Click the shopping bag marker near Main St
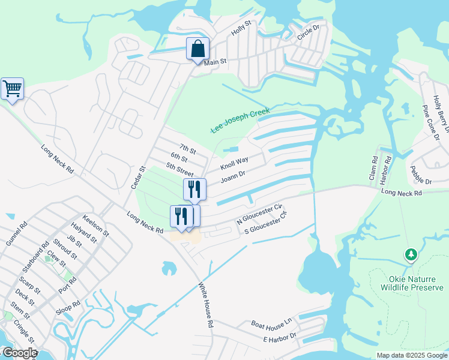pyautogui.click(x=197, y=49)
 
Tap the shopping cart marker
pyautogui.click(x=12, y=89)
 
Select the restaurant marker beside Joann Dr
pyautogui.click(x=194, y=189)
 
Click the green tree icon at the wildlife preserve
pyautogui.click(x=411, y=255)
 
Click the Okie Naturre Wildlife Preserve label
pyautogui.click(x=411, y=283)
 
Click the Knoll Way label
pyautogui.click(x=234, y=163)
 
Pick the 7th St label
pyautogui.click(x=188, y=149)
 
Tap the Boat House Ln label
pyautogui.click(x=271, y=324)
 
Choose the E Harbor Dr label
pyautogui.click(x=280, y=338)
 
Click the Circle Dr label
pyautogui.click(x=309, y=34)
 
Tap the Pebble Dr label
pyautogui.click(x=421, y=176)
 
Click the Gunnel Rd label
pyautogui.click(x=17, y=233)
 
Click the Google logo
pyautogui.click(x=19, y=353)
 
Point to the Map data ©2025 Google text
pyautogui.click(x=411, y=355)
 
